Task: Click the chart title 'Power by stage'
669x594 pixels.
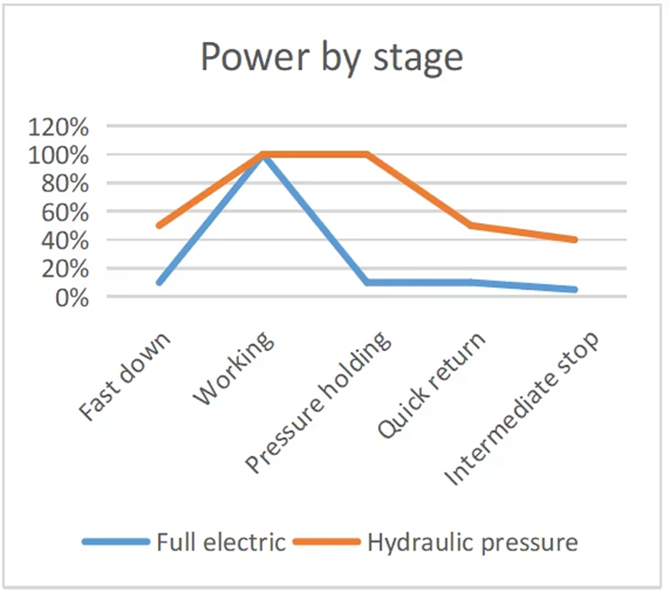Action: tap(331, 58)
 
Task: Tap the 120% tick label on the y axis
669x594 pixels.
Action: tap(59, 127)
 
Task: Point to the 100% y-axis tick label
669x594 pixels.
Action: tap(59, 155)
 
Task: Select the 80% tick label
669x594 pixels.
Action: tap(65, 184)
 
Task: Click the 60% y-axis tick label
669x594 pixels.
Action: tap(65, 212)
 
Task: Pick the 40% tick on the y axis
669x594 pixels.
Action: tap(65, 241)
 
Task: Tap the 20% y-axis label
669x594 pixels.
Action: tap(65, 269)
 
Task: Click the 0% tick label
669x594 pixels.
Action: tap(72, 298)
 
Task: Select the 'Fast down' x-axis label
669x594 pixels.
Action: tap(125, 376)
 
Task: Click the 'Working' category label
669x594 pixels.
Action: tap(233, 368)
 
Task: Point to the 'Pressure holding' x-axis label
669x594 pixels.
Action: tap(318, 402)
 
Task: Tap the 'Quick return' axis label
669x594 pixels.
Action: tap(432, 385)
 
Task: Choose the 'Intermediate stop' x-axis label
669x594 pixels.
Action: tap(521, 409)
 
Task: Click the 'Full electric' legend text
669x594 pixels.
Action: tap(221, 542)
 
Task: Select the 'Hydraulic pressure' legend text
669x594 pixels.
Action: tap(472, 543)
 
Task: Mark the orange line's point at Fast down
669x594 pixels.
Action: tap(159, 226)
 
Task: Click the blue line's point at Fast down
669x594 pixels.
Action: tap(159, 282)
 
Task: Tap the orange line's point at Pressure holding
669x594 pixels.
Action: tap(366, 155)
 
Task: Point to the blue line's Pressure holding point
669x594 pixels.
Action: tap(367, 282)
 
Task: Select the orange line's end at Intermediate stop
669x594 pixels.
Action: tap(575, 240)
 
